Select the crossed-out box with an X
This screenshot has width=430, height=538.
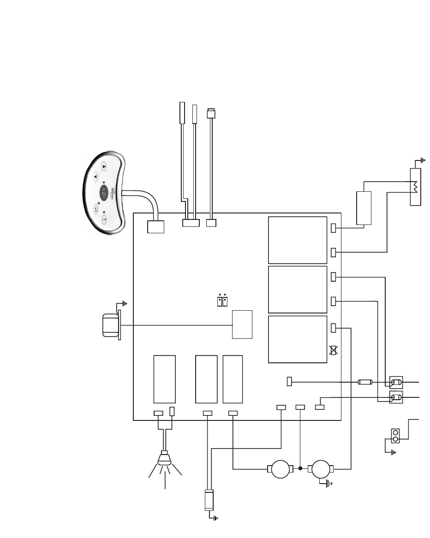pyautogui.click(x=334, y=350)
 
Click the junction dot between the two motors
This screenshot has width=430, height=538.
pyautogui.click(x=300, y=469)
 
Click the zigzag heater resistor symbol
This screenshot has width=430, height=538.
pyautogui.click(x=415, y=187)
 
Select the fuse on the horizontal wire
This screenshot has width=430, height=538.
pyautogui.click(x=365, y=382)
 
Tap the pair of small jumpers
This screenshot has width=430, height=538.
pyautogui.click(x=222, y=301)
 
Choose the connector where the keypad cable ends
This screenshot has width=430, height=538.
pyautogui.click(x=156, y=226)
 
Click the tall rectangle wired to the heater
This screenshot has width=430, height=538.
pyautogui.click(x=364, y=208)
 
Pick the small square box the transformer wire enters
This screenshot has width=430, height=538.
pyautogui.click(x=242, y=325)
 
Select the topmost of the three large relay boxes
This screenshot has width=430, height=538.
pyautogui.click(x=298, y=240)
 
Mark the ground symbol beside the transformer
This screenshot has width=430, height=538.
pyautogui.click(x=124, y=304)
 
